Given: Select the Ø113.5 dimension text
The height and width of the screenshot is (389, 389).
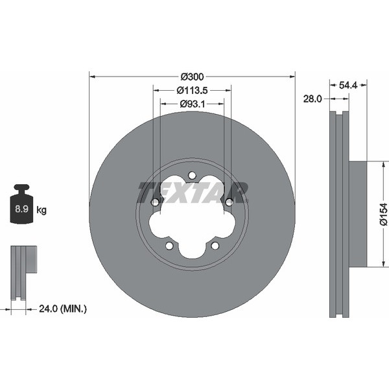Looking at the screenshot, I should point(192,89).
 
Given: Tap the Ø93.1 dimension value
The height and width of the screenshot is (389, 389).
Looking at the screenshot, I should point(192,103).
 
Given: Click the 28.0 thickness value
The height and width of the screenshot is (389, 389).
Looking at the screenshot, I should point(312,99).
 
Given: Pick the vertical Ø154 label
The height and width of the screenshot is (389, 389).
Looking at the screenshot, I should point(383,214).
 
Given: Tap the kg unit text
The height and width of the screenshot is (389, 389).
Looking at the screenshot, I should point(41,210).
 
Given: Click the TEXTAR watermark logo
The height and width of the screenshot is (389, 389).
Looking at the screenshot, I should point(192,193).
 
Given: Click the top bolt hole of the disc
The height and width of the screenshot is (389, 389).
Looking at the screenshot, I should point(192,175).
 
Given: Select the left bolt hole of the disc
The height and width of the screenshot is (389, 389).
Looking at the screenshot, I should point(155,202).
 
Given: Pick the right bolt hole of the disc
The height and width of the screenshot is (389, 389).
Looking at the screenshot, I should point(229,202).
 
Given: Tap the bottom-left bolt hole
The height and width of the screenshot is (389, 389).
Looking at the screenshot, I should point(169,246).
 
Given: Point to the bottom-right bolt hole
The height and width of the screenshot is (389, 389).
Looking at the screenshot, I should point(215,246).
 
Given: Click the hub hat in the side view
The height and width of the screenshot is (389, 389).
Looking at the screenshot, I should point(358,214).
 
